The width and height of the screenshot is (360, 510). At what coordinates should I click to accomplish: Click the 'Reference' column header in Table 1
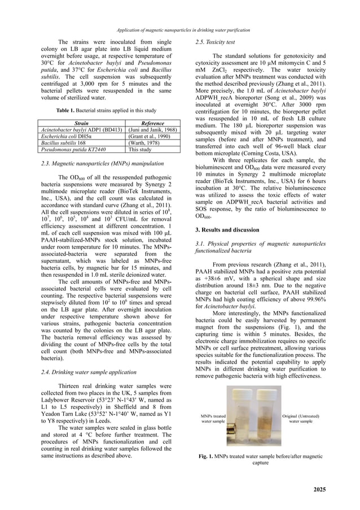click(x=152, y=123)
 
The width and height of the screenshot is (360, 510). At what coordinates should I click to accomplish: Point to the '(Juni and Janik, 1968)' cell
click(x=152, y=130)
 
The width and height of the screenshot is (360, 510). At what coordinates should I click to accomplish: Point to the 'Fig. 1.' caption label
click(x=209, y=455)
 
